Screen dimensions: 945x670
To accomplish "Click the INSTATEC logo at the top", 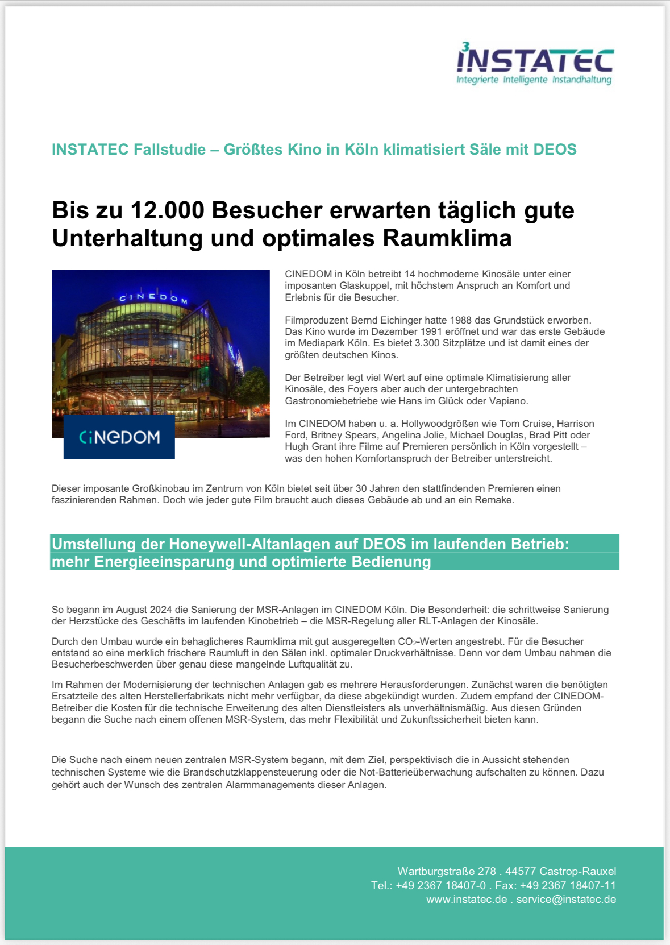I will point(534,64).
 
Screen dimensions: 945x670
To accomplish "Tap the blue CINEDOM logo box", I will point(119,437).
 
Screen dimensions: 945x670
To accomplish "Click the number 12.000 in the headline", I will point(167,210).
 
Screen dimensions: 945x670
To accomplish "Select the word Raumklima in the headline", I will point(447,238).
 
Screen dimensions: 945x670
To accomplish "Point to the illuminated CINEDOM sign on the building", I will point(153,297).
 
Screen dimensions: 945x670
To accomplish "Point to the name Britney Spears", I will point(344,435).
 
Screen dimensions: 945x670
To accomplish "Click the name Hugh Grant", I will point(309,446).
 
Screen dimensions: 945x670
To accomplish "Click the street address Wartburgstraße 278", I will point(447,871).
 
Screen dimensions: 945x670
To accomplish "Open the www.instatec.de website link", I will point(467,899).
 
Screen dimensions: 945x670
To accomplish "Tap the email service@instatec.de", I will point(566,899).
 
